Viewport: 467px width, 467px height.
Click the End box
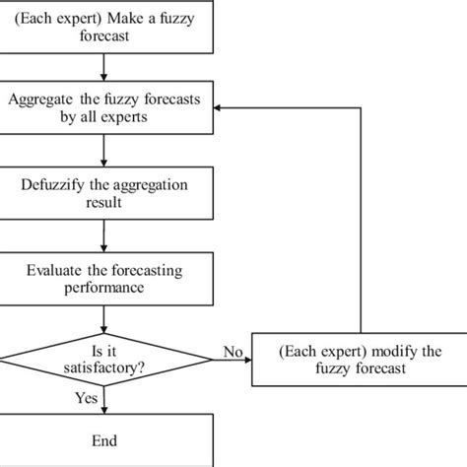point(103,439)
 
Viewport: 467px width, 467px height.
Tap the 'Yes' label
point(86,397)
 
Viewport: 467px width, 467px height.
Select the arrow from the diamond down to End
point(103,399)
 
